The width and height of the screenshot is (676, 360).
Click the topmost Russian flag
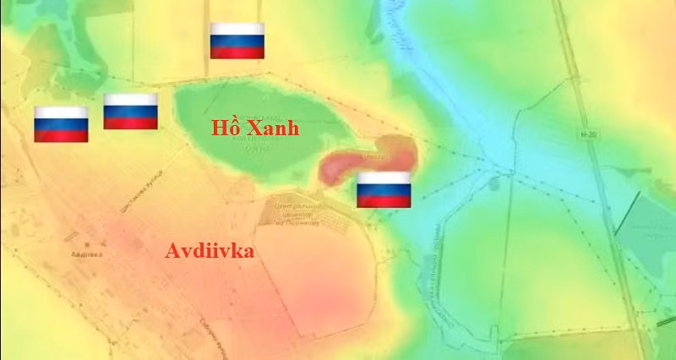[x=237, y=41]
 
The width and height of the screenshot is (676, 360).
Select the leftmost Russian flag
[x=61, y=124]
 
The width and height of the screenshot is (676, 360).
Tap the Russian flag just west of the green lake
[x=130, y=112]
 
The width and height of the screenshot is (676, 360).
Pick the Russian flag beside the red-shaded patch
[x=384, y=189]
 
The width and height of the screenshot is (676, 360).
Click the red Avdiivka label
[x=209, y=252]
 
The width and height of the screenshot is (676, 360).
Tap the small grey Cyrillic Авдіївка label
[x=86, y=253]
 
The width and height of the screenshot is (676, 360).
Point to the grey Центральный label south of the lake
[x=297, y=206]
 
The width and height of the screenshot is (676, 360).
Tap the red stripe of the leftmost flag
[x=61, y=135]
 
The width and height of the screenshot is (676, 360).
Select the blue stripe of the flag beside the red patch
[x=384, y=189]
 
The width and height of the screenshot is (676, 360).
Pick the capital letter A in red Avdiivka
[x=172, y=252]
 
